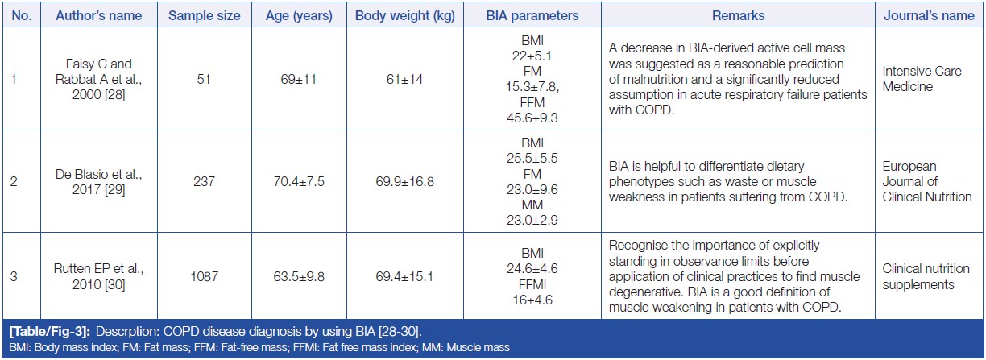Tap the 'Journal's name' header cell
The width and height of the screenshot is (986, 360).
(937, 15)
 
